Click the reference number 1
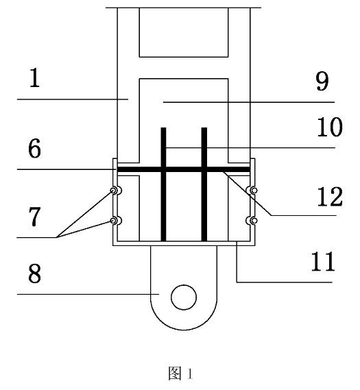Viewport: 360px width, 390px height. [x=34, y=77]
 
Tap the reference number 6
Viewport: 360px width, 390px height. [x=34, y=149]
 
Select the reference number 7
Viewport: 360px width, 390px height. [x=34, y=217]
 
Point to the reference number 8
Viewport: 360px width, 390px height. [x=34, y=273]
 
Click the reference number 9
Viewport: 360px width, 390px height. [x=322, y=81]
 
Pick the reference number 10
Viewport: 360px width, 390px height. [x=330, y=127]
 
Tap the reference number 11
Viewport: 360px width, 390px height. [x=323, y=261]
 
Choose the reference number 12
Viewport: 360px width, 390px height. [x=330, y=197]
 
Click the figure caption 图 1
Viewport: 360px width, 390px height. [x=180, y=374]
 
